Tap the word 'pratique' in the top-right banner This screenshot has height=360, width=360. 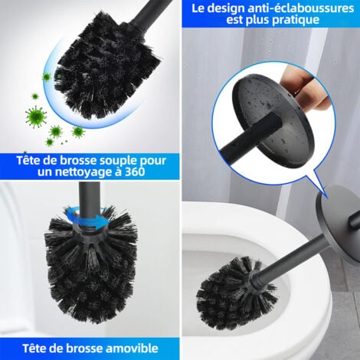pyautogui.click(x=296, y=20)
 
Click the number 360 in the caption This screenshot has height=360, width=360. pyautogui.click(x=135, y=172)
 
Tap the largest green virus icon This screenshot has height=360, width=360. pyautogui.click(x=36, y=115)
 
